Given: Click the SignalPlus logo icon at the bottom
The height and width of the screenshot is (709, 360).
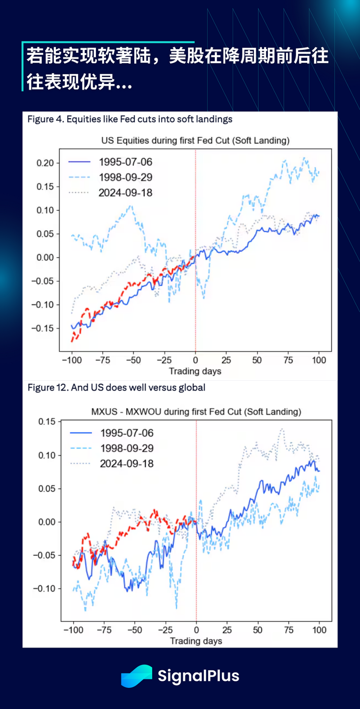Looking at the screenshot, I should point(136,676).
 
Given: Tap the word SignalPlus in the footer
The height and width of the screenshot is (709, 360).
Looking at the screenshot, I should point(198,676).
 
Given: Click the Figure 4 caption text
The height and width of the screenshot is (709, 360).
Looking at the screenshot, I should point(130,119).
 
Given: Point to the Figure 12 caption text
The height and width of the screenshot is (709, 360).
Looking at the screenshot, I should point(116,388).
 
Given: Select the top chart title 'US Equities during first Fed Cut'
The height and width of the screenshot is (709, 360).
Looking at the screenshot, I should point(195,141).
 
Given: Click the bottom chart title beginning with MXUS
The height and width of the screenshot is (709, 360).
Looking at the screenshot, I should point(196,412).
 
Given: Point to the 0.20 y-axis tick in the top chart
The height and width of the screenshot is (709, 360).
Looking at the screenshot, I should point(45,163).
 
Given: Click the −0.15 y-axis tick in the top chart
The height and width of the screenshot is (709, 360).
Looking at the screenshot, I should point(43,329).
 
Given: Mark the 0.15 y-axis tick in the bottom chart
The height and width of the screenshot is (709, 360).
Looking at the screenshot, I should point(47,421).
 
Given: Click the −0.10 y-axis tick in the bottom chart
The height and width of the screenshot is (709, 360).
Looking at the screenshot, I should point(45,589).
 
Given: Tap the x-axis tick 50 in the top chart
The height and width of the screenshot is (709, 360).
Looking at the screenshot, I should point(257,360).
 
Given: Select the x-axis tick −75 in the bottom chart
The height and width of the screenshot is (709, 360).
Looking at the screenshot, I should point(103,630).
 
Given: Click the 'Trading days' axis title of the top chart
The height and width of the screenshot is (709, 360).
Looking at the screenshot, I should point(195,371).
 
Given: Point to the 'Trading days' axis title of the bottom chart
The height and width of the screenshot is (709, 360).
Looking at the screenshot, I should point(196,641).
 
